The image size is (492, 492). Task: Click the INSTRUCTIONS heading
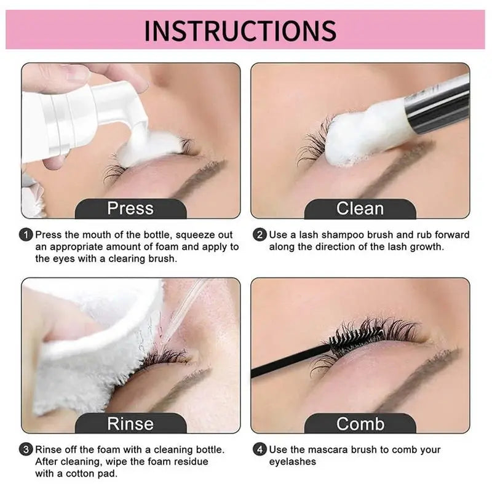pyautogui.click(x=240, y=30)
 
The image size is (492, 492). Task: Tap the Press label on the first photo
pyautogui.click(x=130, y=208)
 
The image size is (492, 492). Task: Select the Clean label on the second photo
pyautogui.click(x=360, y=208)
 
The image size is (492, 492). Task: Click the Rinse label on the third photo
pyautogui.click(x=130, y=424)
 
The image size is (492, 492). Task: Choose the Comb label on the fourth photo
pyautogui.click(x=360, y=424)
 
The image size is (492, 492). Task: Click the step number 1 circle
pyautogui.click(x=26, y=235)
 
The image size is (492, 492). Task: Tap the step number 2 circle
pyautogui.click(x=260, y=235)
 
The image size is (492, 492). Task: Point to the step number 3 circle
pyautogui.click(x=26, y=450)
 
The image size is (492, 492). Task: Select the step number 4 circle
pyautogui.click(x=260, y=450)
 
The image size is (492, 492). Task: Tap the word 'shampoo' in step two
pyautogui.click(x=343, y=236)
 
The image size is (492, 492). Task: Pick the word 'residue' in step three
pyautogui.click(x=191, y=462)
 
